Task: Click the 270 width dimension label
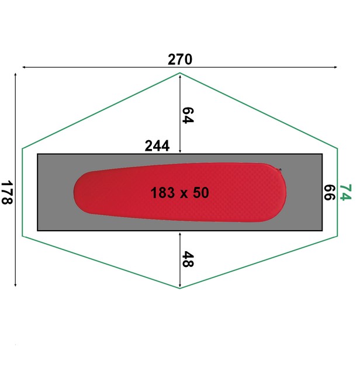pyautogui.click(x=180, y=60)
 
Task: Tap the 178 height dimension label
pyautogui.click(x=7, y=193)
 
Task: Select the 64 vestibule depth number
pyautogui.click(x=188, y=115)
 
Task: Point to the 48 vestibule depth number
pyautogui.click(x=188, y=259)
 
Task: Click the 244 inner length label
pyautogui.click(x=157, y=146)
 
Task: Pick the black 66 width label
pyautogui.click(x=329, y=193)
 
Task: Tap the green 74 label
pyautogui.click(x=345, y=192)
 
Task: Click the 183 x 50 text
pyautogui.click(x=180, y=193)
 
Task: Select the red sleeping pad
pyautogui.click(x=180, y=193)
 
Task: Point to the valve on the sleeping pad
pyautogui.click(x=280, y=169)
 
